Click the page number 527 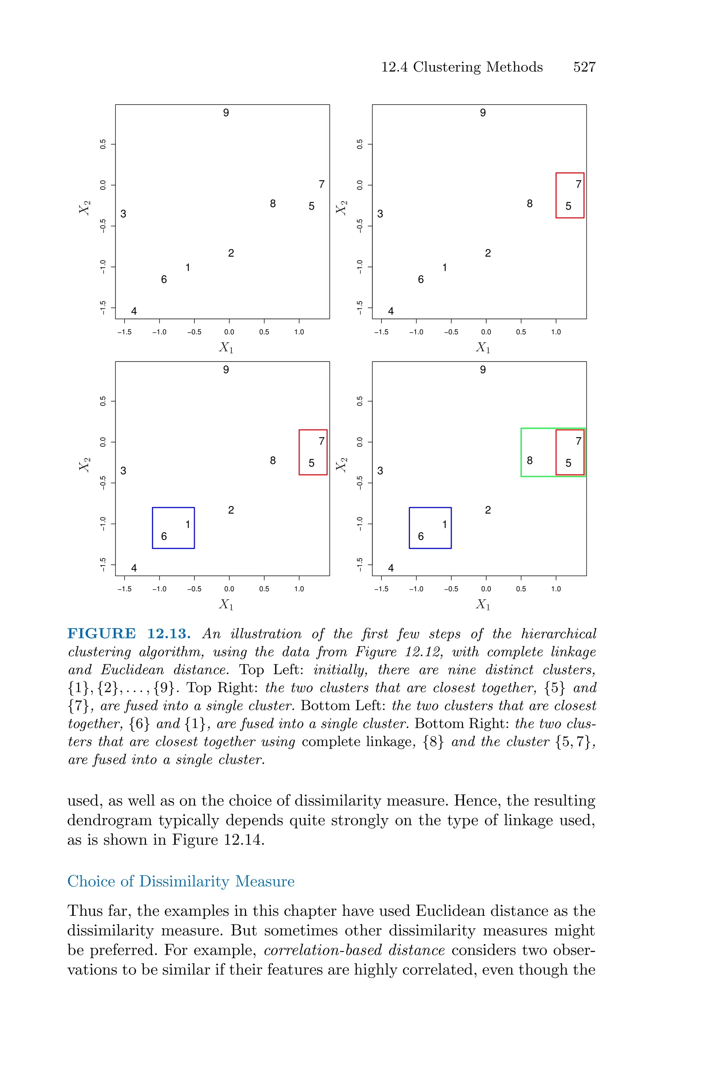coord(584,68)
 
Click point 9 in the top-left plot coord(226,113)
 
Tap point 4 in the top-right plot coord(391,311)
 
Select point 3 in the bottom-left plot coord(123,471)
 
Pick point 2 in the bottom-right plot coord(488,510)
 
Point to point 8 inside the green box coord(529,461)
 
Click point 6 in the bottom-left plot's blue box coord(164,536)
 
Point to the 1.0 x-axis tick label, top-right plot coord(555,332)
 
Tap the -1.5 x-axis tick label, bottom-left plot coord(124,589)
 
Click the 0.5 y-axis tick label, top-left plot coord(103,144)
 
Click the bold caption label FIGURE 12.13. coord(129,634)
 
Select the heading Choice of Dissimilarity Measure coord(181,881)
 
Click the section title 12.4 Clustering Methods coord(462,68)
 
